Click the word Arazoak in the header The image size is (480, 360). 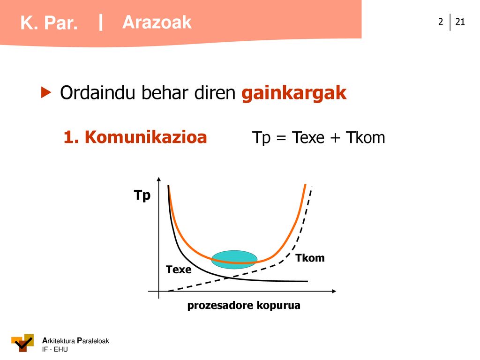click(157, 22)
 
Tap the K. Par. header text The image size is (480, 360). click(49, 23)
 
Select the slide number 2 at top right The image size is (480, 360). click(441, 22)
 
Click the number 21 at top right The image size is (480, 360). click(460, 22)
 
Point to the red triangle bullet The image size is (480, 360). click(46, 92)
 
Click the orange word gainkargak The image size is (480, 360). click(294, 93)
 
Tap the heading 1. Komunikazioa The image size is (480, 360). click(135, 137)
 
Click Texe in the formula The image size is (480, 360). click(308, 137)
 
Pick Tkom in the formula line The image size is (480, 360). click(366, 137)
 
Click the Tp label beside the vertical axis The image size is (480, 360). click(142, 195)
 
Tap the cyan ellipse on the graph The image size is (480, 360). click(234, 260)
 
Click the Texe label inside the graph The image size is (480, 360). click(179, 270)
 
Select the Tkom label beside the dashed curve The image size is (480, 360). click(310, 258)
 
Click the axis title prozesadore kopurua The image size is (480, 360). click(244, 305)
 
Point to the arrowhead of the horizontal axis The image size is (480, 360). click(334, 291)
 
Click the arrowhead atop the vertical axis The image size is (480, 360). click(158, 179)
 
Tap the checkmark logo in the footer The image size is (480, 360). click(22, 343)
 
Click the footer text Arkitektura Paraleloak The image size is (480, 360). click(75, 341)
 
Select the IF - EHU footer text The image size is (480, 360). click(55, 349)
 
